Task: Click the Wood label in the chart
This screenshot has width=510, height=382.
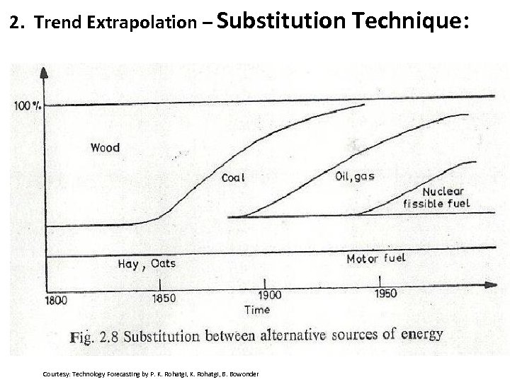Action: [105, 148]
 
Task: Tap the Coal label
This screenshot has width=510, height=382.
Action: [233, 178]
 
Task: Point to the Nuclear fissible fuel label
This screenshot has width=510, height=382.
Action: [436, 197]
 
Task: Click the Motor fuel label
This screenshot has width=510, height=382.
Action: [375, 258]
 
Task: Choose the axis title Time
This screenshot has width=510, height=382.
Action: [256, 309]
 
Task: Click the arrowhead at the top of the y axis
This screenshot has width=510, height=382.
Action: [44, 71]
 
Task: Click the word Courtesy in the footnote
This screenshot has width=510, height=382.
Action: [56, 374]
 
